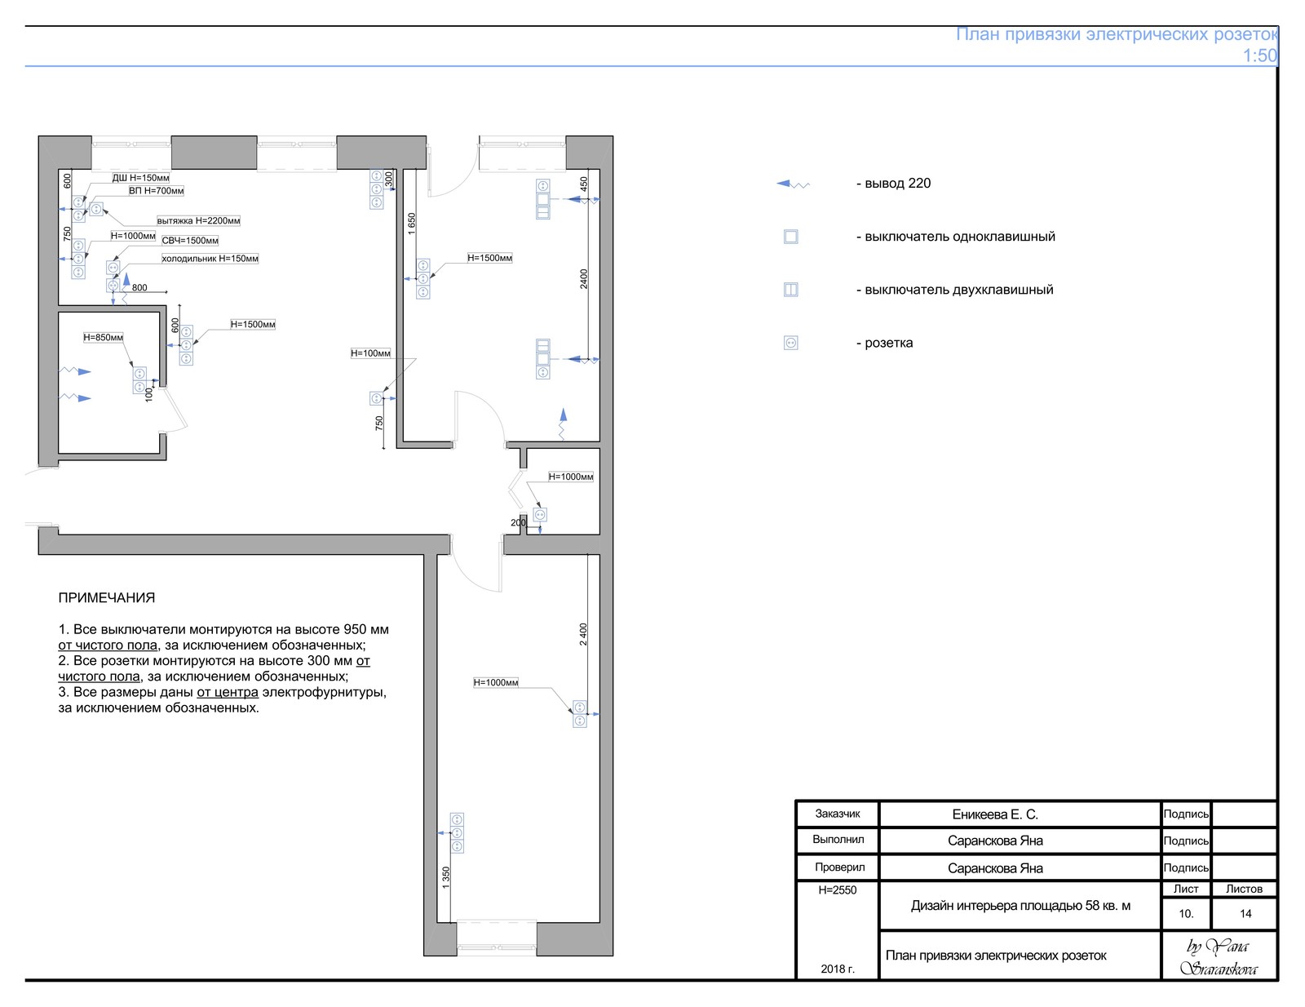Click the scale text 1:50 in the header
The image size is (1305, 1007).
pos(1259,55)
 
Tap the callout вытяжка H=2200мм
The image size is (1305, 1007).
pos(198,220)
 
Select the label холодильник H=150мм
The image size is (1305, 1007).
pos(210,259)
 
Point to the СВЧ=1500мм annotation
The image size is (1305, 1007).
pos(190,241)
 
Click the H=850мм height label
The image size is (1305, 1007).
pos(103,337)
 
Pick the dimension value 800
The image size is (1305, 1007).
pos(139,287)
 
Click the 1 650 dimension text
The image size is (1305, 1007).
pos(411,224)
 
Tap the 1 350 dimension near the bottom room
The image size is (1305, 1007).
pos(445,877)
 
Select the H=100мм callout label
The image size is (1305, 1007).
pos(370,353)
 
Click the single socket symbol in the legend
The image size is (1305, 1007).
pos(791,343)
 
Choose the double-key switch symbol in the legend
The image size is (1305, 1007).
pos(791,290)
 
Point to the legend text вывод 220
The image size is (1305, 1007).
pos(897,184)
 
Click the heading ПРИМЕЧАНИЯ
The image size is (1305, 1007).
pos(106,597)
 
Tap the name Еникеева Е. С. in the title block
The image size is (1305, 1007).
pos(994,814)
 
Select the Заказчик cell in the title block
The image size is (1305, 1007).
pos(837,814)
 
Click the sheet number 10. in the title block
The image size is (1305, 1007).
pos(1185,913)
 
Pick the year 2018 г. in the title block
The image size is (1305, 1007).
pos(837,969)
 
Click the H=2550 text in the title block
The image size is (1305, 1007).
pos(837,889)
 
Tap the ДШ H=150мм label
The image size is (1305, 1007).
pos(140,178)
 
